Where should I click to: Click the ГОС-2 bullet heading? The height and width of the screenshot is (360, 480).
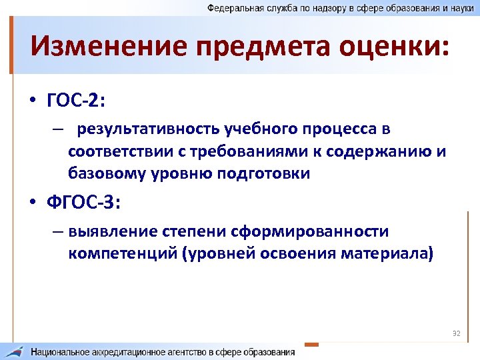[x=77, y=100]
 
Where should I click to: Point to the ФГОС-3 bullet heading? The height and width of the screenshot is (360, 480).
[x=84, y=201]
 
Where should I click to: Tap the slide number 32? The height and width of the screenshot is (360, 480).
[x=457, y=333]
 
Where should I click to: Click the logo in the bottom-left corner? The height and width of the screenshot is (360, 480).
[x=15, y=351]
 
